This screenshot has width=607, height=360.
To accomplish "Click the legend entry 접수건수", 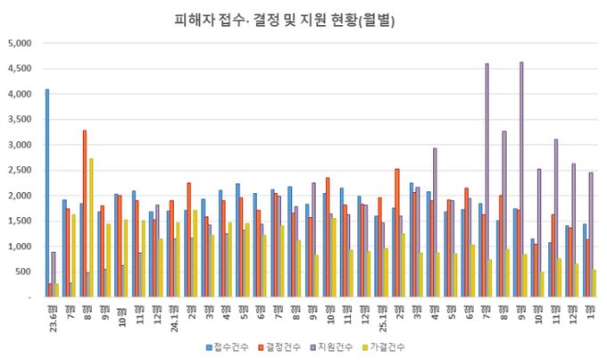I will (x=231, y=346).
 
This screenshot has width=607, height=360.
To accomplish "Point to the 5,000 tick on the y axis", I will (x=19, y=43).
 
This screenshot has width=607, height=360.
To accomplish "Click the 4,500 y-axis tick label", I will (x=19, y=69).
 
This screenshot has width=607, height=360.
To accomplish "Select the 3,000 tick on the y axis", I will (x=19, y=145).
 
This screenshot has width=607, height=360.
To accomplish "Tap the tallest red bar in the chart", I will (x=85, y=214).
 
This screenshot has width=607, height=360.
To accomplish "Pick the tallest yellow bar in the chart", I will (x=91, y=229).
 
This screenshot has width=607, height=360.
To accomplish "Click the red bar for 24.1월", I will (x=171, y=249).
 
